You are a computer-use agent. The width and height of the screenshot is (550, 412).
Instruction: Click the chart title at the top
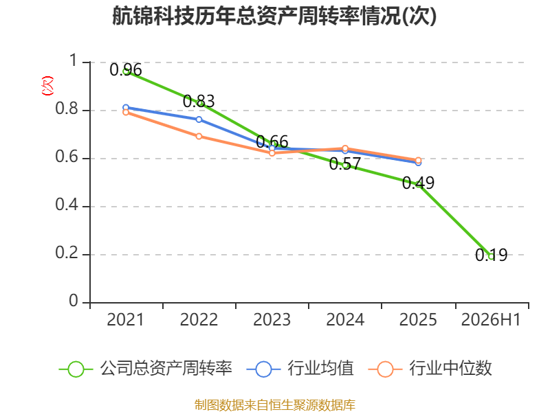coord(274,16)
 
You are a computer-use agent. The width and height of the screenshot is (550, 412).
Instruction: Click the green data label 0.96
coord(126,70)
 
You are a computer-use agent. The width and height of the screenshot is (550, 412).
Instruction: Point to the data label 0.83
coord(199,101)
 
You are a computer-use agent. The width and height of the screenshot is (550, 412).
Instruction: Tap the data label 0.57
coord(345,163)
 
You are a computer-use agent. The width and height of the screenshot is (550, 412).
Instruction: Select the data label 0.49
coord(418,183)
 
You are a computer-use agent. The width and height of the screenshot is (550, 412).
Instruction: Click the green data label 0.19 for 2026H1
coord(491,255)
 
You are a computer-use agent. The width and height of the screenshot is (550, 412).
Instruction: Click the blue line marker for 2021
coord(126,108)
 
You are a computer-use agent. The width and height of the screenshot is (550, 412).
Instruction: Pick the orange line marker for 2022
coord(199,136)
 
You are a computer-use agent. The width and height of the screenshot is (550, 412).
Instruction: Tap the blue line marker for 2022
coord(199,119)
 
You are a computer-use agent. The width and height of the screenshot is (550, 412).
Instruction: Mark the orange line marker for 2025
coord(418,160)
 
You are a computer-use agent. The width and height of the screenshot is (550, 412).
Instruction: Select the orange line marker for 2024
coord(345,148)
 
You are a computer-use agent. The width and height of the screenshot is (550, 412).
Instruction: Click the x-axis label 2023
coord(272,320)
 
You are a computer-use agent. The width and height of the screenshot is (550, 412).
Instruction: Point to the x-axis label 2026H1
coord(491,320)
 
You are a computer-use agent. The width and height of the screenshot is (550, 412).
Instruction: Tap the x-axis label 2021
coord(126,320)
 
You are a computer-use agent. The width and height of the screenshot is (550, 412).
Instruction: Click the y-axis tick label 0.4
coord(67,205)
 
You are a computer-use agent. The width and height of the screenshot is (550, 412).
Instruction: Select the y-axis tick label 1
coord(74,60)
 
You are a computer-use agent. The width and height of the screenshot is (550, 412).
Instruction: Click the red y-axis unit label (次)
coord(47,86)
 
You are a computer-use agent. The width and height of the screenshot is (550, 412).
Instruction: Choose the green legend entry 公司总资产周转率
coord(145,369)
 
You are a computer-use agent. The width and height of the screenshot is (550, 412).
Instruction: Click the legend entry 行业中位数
coord(430,369)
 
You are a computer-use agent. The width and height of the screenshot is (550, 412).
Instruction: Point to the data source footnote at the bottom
coord(275,405)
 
